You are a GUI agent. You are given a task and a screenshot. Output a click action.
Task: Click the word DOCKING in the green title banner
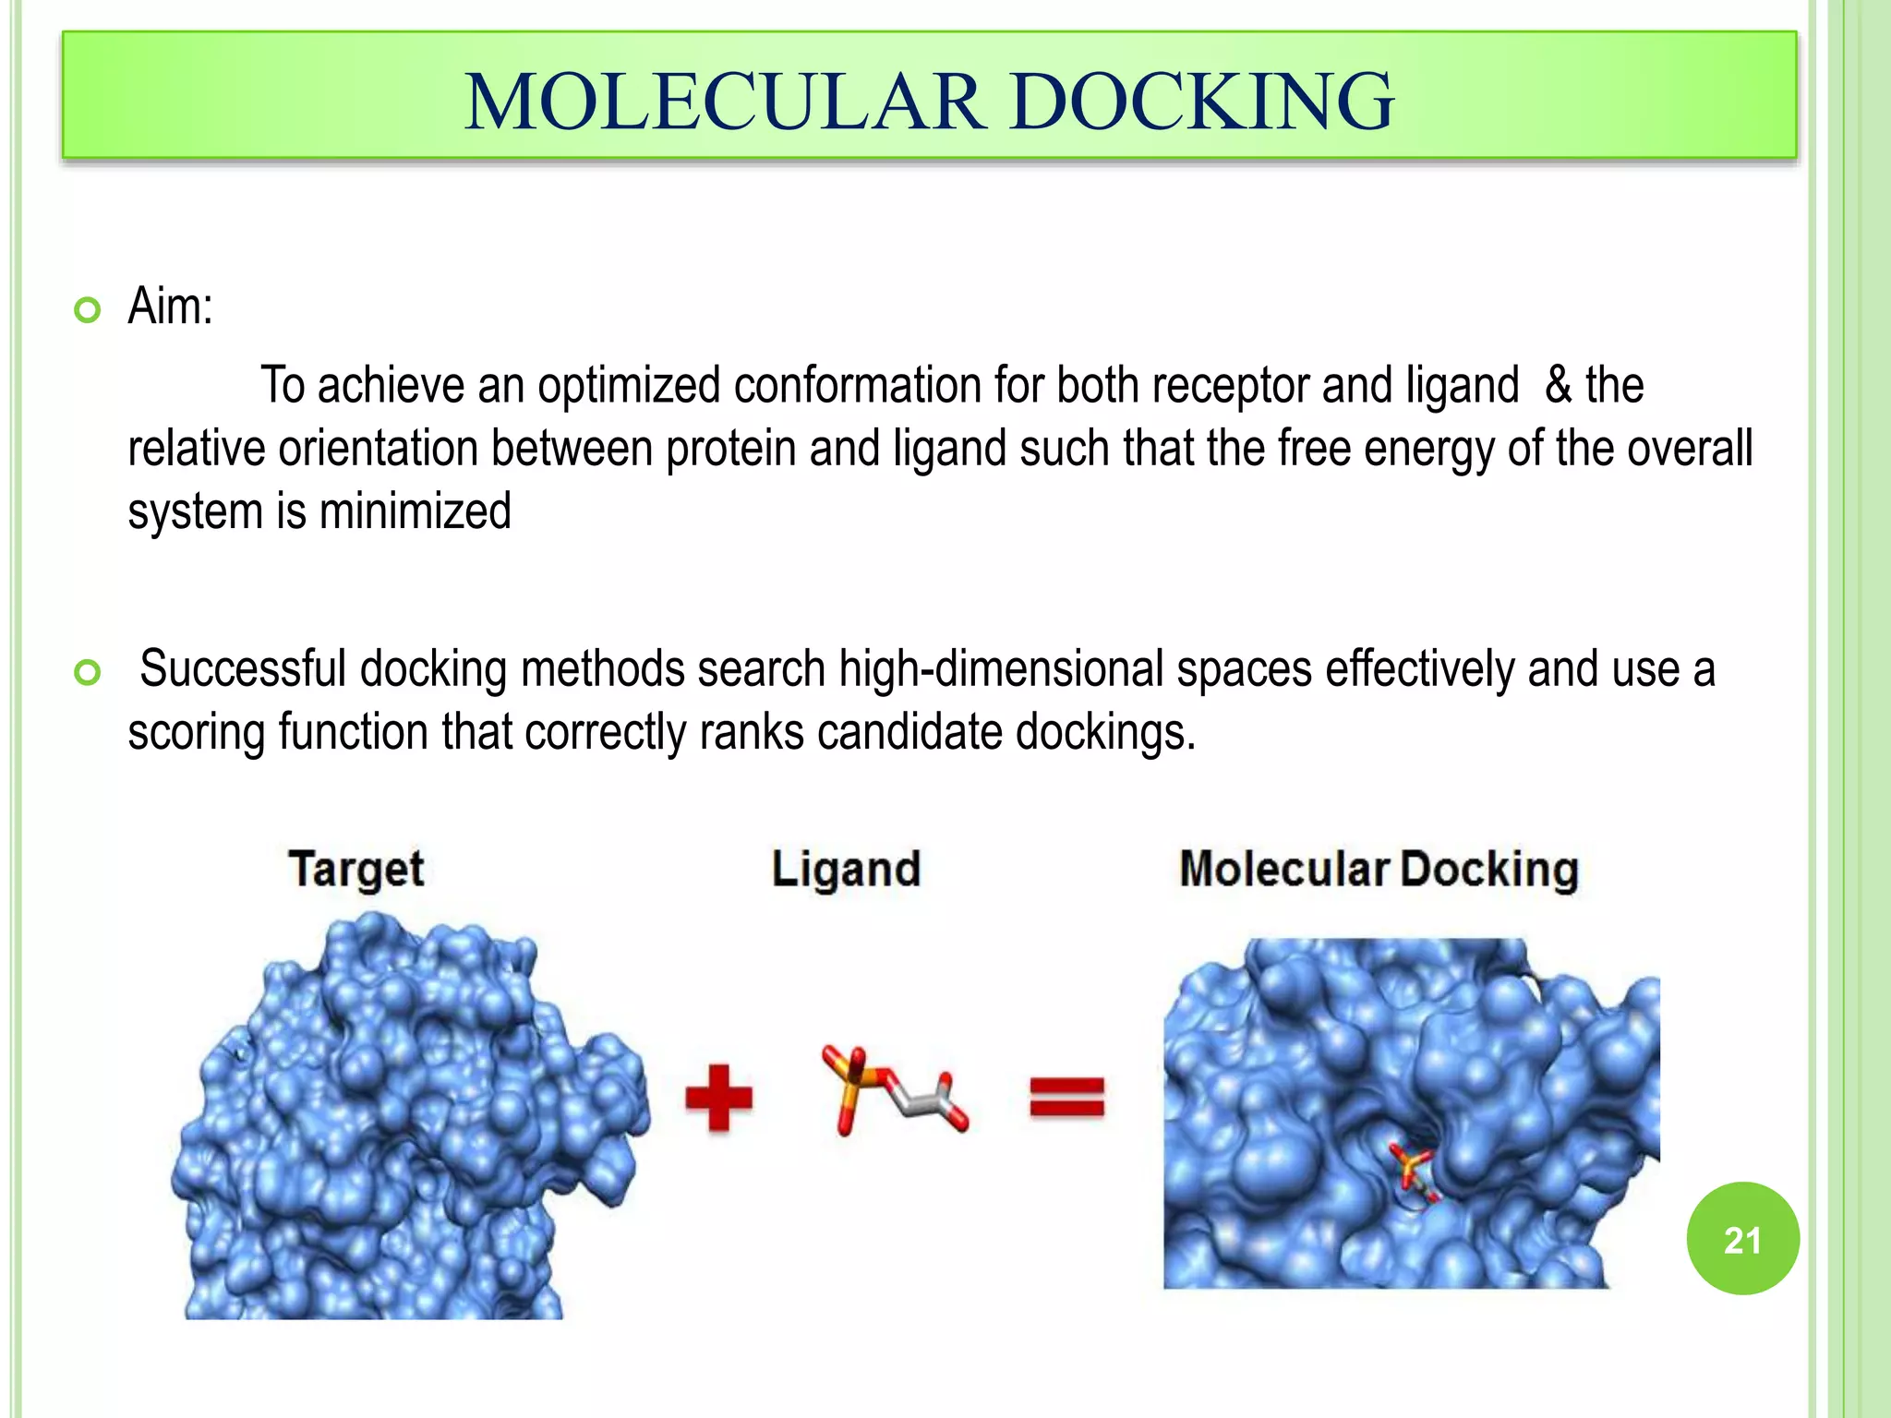(1200, 102)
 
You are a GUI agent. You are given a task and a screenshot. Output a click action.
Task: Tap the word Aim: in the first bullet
(170, 306)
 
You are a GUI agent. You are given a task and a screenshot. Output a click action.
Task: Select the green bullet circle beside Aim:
(87, 311)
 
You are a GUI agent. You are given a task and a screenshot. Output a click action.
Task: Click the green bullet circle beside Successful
(87, 674)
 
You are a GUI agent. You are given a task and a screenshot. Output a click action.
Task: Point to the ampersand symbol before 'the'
(1558, 385)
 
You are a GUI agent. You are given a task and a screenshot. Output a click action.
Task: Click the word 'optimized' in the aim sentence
(629, 385)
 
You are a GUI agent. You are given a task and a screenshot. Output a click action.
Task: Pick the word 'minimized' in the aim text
(415, 511)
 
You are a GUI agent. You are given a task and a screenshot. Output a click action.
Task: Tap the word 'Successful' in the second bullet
(243, 669)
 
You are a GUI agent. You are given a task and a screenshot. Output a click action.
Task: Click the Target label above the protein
(356, 869)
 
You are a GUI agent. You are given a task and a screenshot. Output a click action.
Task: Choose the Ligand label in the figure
(846, 869)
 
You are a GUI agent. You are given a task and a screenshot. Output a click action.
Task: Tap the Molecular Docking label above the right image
(1379, 869)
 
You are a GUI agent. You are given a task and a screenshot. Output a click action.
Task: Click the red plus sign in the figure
(718, 1098)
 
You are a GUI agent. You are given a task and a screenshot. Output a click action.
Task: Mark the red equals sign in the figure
(1066, 1099)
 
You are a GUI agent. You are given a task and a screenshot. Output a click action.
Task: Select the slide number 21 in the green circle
(1741, 1240)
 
